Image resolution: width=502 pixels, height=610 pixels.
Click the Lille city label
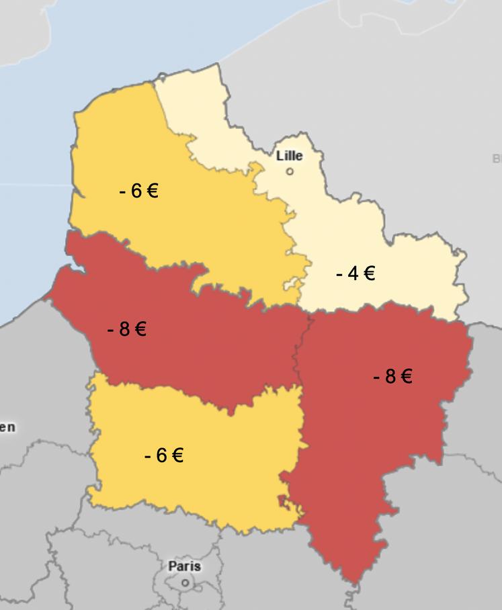[x=290, y=156]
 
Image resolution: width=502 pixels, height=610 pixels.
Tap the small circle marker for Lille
[x=290, y=171]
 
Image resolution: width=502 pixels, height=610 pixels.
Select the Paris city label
[x=185, y=566]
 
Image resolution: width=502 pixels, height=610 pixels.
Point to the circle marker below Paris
[x=186, y=583]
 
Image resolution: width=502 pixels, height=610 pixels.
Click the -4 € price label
[x=355, y=273]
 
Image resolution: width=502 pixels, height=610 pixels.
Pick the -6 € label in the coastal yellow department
[x=138, y=191]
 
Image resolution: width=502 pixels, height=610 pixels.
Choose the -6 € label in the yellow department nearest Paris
[x=163, y=455]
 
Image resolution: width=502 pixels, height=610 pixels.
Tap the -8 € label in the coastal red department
[x=126, y=329]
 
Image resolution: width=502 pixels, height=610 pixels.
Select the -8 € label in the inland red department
[x=392, y=376]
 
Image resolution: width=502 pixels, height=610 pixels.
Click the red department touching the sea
[x=202, y=349]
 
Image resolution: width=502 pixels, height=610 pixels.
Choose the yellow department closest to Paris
[x=202, y=484]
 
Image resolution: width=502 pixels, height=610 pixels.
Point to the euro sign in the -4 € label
[x=368, y=273]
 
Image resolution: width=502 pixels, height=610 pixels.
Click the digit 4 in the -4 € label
[x=353, y=273]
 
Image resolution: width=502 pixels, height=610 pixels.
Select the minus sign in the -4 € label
[x=339, y=274]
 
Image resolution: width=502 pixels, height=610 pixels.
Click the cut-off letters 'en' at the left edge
[x=7, y=427]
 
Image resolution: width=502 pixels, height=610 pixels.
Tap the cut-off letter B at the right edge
[x=497, y=159]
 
